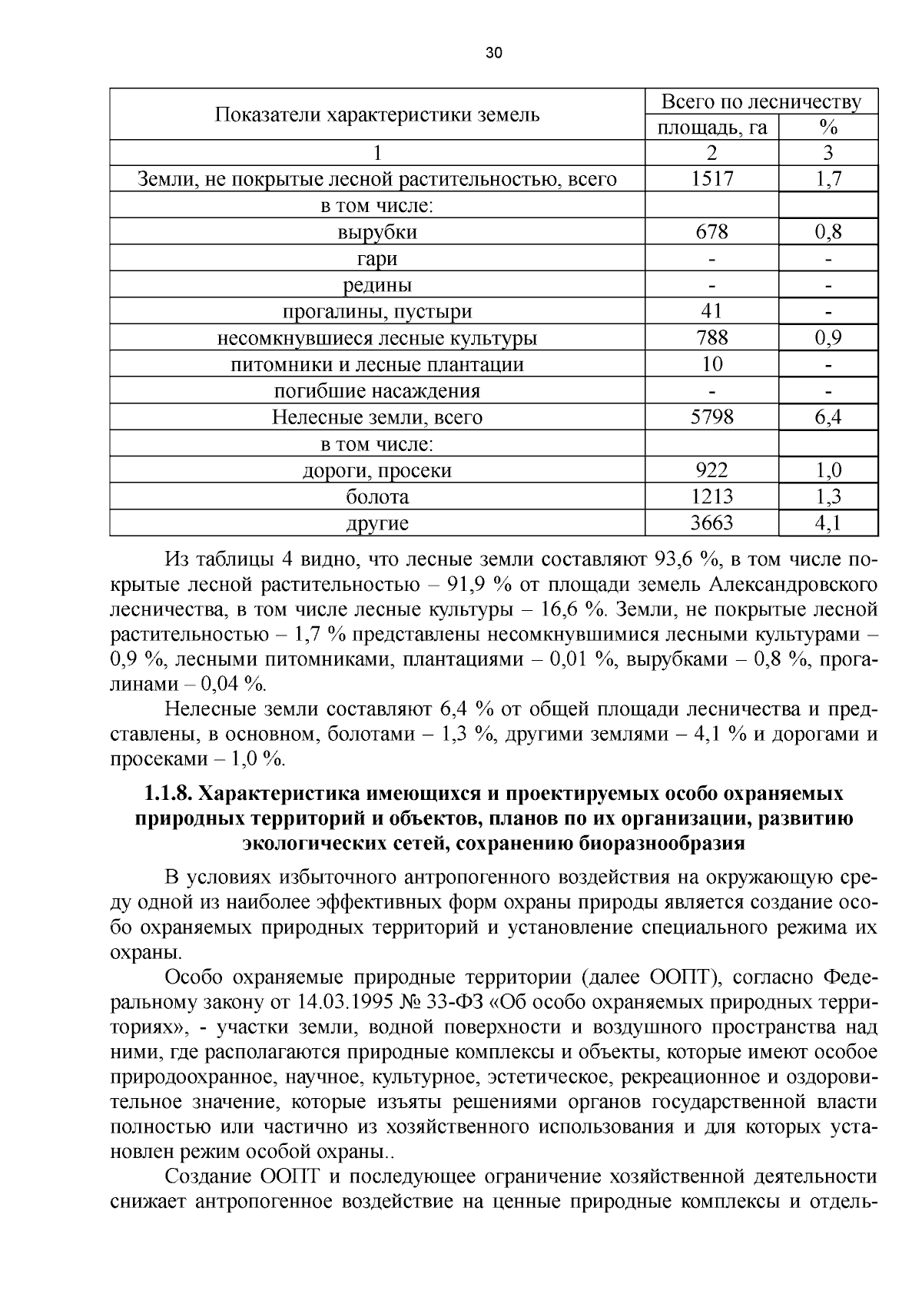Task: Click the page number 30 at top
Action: pyautogui.click(x=493, y=53)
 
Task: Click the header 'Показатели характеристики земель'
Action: pyautogui.click(x=376, y=115)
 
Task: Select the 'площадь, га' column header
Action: pyautogui.click(x=711, y=128)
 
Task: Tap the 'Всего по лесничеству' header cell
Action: pyautogui.click(x=761, y=102)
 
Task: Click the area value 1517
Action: pyautogui.click(x=711, y=179)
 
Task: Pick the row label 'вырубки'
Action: pyautogui.click(x=376, y=232)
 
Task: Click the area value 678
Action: pyautogui.click(x=711, y=232)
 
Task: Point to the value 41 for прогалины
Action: pyautogui.click(x=711, y=311)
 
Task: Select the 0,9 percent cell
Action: pyautogui.click(x=827, y=338)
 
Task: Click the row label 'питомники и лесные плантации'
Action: pyautogui.click(x=376, y=365)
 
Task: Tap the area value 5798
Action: pyautogui.click(x=711, y=417)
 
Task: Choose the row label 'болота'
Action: pyautogui.click(x=376, y=497)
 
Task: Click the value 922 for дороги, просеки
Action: pyautogui.click(x=711, y=470)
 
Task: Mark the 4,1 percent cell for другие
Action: pyautogui.click(x=827, y=523)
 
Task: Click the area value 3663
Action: pyautogui.click(x=711, y=523)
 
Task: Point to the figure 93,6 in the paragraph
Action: pyautogui.click(x=674, y=559)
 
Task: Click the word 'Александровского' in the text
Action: pyautogui.click(x=792, y=584)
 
